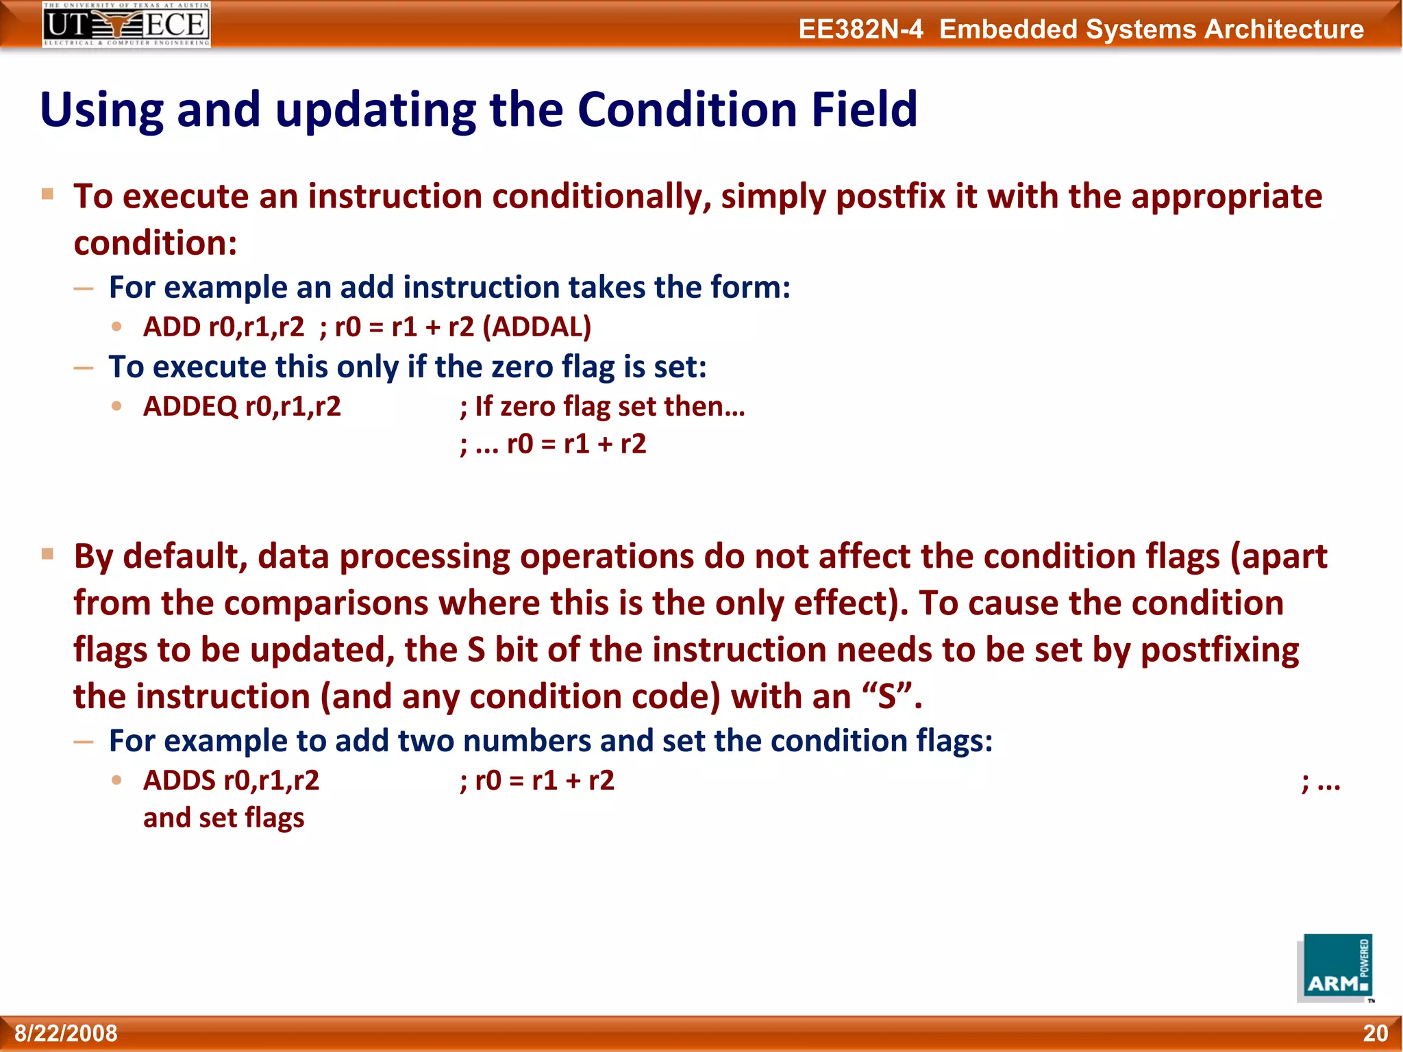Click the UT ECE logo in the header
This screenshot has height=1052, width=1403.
126,25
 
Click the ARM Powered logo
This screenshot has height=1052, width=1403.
1335,968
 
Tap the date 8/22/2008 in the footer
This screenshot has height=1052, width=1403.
66,1033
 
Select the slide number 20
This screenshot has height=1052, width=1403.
1375,1033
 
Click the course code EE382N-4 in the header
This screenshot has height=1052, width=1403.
860,29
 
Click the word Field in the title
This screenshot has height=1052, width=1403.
865,110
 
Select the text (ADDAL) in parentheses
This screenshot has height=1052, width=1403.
536,327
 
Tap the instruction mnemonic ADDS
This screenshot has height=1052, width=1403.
179,781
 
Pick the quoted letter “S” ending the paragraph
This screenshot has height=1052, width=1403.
887,697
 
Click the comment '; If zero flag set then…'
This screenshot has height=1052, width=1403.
602,407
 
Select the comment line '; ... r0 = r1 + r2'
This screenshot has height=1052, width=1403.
553,444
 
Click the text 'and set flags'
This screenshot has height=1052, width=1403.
223,818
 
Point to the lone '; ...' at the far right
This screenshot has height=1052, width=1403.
1320,781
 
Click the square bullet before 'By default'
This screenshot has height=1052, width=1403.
47,553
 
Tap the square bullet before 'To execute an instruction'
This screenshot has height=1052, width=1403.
47,194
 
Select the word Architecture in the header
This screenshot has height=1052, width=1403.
1284,29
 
